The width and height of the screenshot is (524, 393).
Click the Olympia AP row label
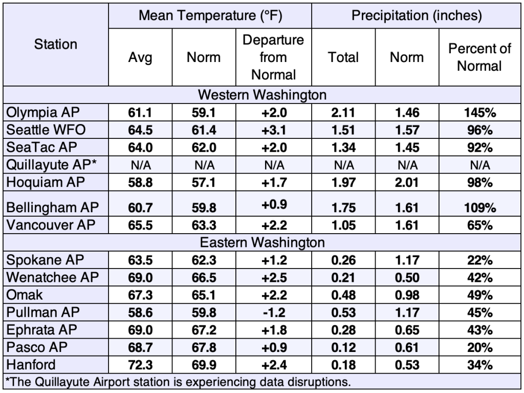click(x=43, y=113)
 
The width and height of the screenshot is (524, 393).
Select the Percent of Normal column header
click(x=479, y=57)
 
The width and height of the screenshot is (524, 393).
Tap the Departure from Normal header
click(x=273, y=57)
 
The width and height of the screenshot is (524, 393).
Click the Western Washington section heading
click(x=262, y=95)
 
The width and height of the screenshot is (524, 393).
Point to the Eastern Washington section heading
click(x=262, y=242)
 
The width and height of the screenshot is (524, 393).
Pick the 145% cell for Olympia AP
click(x=480, y=113)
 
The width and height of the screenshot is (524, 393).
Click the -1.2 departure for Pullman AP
click(x=274, y=313)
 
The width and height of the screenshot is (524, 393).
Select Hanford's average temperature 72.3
click(x=140, y=365)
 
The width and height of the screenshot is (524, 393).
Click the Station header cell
click(x=55, y=44)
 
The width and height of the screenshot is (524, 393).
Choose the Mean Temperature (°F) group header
click(x=210, y=15)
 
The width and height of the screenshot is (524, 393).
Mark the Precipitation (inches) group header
click(x=417, y=15)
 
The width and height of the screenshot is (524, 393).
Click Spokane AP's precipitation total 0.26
click(x=343, y=260)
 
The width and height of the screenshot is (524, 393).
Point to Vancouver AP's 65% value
click(x=480, y=225)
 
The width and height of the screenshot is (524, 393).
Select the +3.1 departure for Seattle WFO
click(x=274, y=130)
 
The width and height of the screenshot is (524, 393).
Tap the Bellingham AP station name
click(x=53, y=208)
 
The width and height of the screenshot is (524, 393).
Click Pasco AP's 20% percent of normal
click(x=480, y=347)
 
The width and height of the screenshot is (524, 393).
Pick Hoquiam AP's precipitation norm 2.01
click(x=407, y=183)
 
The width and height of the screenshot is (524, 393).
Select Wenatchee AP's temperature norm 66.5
click(x=204, y=278)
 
